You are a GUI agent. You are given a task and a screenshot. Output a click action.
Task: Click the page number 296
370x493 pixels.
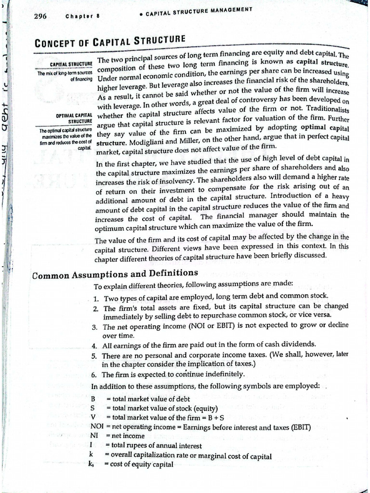point(40,16)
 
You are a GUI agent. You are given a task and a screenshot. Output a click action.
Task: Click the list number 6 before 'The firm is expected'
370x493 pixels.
point(94,374)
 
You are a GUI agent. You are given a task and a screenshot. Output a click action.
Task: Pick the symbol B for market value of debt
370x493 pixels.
point(92,399)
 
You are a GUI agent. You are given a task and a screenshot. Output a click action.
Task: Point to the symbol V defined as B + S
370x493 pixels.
point(92,417)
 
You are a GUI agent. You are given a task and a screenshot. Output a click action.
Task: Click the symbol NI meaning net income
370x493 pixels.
point(94,436)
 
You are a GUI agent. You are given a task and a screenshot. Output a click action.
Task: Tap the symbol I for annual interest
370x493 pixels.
point(92,446)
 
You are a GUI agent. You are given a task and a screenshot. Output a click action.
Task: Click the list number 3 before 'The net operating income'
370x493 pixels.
point(95,327)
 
